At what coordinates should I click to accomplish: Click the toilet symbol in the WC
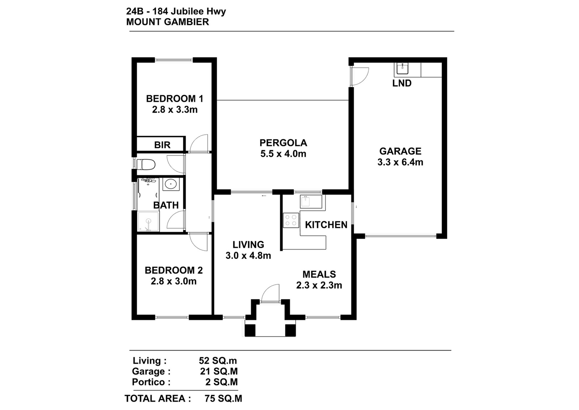[145, 164]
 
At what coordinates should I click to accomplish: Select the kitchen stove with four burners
[291, 220]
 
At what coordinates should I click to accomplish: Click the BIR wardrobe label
[162, 145]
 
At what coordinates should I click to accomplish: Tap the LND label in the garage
[402, 83]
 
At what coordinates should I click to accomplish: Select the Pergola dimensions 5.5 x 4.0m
[283, 154]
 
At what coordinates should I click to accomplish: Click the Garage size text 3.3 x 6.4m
[400, 162]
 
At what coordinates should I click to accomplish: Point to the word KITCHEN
[326, 225]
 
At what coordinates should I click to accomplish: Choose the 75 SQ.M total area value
[223, 399]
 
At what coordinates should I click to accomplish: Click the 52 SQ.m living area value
[217, 361]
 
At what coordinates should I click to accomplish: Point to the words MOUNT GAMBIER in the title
[168, 22]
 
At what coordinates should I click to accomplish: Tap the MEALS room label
[319, 274]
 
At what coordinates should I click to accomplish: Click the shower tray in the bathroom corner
[148, 222]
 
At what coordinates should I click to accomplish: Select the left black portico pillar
[250, 330]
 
